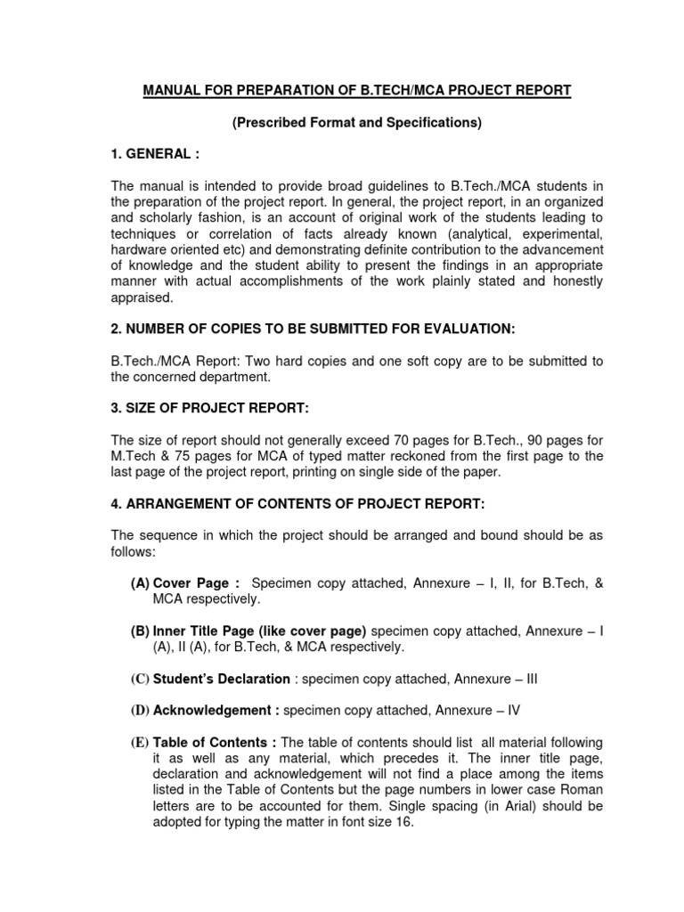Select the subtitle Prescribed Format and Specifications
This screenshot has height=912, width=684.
[356, 122]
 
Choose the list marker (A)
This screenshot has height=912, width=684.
[140, 582]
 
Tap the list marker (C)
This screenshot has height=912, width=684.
[140, 679]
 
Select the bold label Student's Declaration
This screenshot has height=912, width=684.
[222, 679]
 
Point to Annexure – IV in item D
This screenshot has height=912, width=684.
[477, 711]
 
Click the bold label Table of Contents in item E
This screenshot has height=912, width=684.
[215, 743]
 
